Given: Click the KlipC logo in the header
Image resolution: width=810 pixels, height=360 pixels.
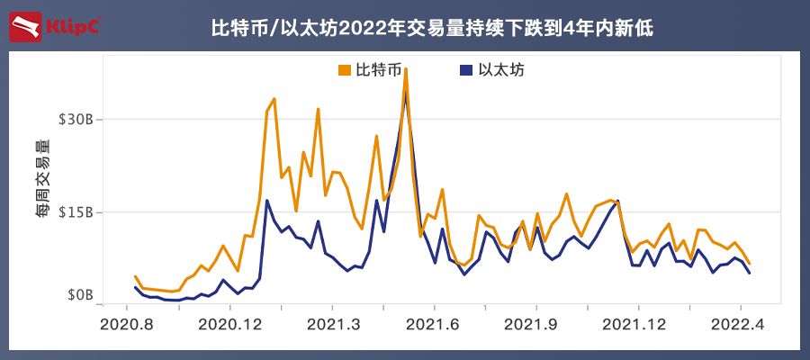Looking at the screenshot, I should click(x=54, y=26).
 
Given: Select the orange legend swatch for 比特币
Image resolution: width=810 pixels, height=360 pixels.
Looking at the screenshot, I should click(x=344, y=70).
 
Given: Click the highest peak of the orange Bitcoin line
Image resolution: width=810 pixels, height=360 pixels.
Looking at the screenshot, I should click(x=406, y=68).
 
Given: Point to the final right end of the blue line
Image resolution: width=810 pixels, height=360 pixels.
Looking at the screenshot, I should click(x=750, y=273).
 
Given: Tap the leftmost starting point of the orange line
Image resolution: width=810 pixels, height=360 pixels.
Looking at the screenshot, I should click(x=135, y=276).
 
